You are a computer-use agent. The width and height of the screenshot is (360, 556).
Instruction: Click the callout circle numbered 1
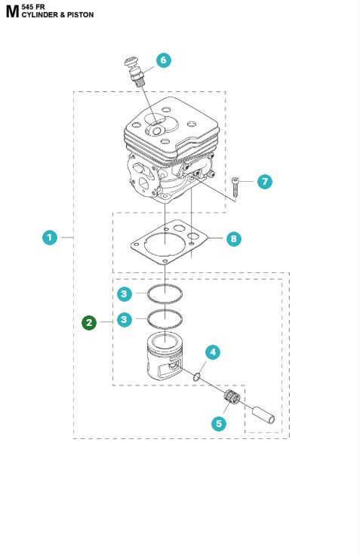(49, 238)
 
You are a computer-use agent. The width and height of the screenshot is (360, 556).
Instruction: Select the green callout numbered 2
(90, 323)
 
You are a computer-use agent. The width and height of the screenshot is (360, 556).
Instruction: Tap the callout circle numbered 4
(214, 352)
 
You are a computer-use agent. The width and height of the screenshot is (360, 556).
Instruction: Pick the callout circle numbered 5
(219, 423)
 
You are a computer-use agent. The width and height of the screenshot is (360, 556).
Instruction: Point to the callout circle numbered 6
(164, 60)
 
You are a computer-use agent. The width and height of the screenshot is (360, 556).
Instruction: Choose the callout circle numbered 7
(263, 182)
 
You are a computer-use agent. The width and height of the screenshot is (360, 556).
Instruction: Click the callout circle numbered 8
(234, 238)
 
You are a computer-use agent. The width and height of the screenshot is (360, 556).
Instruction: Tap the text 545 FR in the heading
(34, 6)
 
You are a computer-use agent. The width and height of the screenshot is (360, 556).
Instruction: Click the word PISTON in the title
(80, 14)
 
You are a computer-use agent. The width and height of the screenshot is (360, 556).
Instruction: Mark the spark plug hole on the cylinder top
(155, 130)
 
